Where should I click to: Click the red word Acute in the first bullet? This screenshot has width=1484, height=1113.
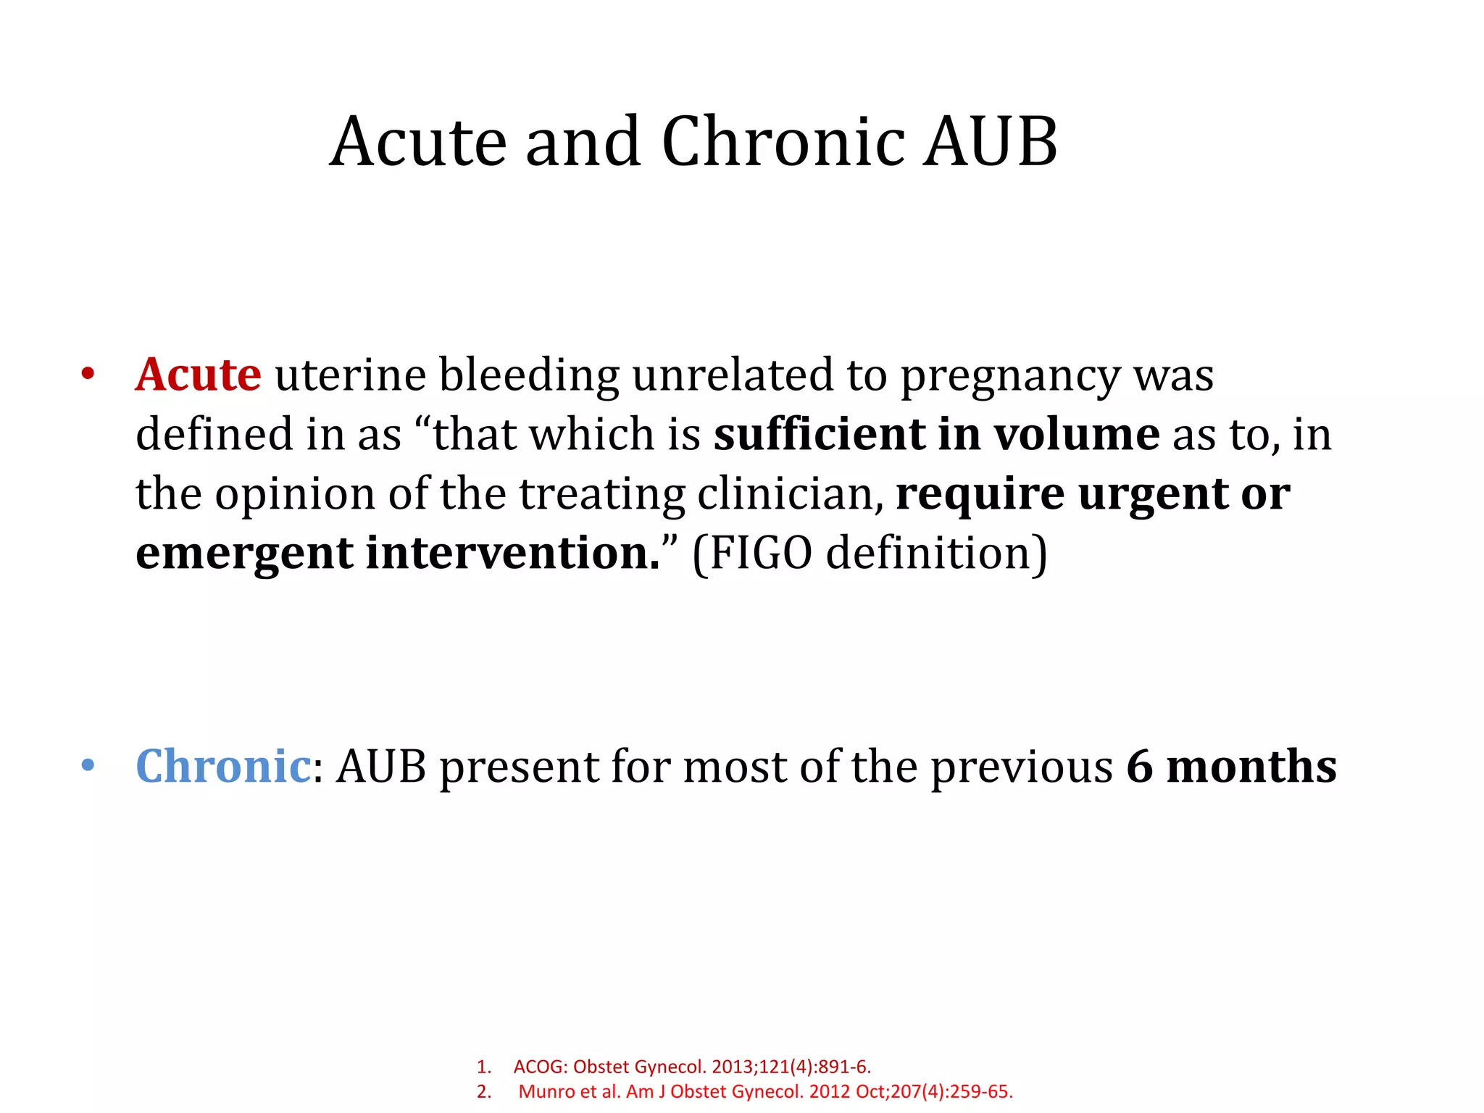(x=198, y=375)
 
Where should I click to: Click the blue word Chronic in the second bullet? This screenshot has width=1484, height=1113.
(x=222, y=767)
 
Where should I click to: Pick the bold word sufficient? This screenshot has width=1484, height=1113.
(x=819, y=435)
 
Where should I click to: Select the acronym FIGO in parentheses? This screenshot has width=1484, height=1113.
(x=760, y=554)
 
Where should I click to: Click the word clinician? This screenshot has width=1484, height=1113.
(x=790, y=494)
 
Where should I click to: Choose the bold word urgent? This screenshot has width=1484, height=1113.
(x=1153, y=494)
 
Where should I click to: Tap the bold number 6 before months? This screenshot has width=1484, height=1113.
(x=1139, y=767)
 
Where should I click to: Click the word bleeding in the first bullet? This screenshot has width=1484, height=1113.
(x=529, y=375)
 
